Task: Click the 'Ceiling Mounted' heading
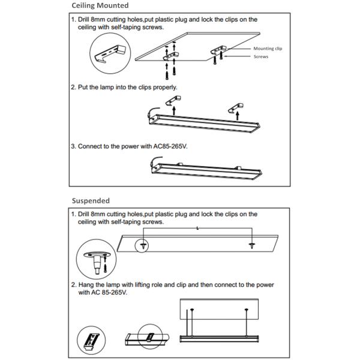point(100,5)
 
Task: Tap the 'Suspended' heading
point(90,200)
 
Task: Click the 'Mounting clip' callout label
point(268,48)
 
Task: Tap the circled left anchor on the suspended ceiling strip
point(143,245)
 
